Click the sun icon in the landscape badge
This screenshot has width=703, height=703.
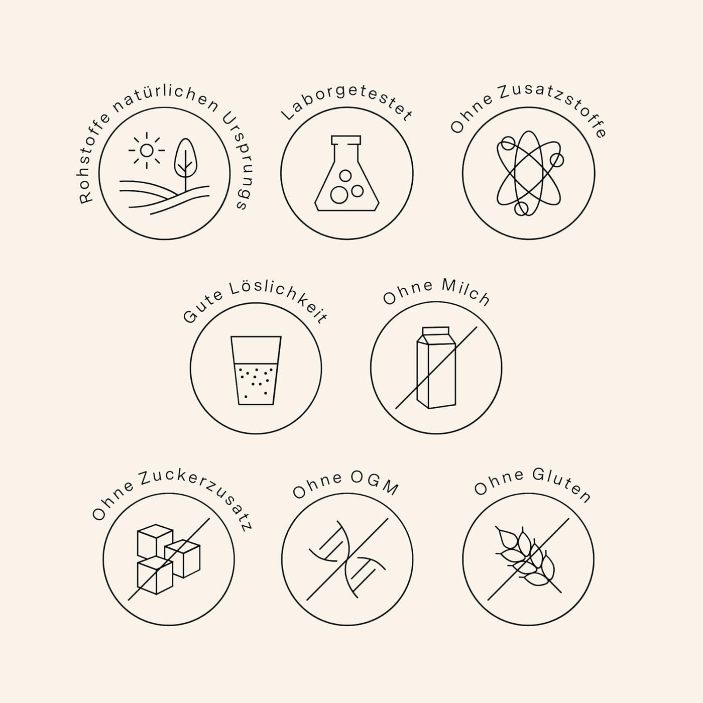point(147,150)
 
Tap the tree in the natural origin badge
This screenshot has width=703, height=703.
point(185,164)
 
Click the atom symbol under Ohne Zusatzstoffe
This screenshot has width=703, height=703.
point(529,173)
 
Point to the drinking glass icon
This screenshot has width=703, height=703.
point(256,370)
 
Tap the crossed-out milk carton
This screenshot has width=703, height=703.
point(436,368)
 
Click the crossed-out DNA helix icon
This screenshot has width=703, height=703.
point(347,559)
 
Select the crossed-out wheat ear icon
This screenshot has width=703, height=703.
point(528,559)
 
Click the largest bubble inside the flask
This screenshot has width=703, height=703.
point(338,195)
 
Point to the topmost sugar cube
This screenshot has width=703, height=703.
point(155,541)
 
